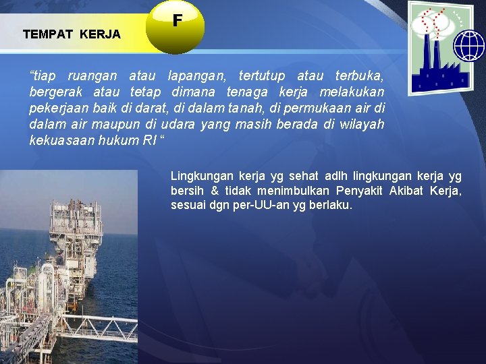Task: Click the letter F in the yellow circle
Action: (x=177, y=22)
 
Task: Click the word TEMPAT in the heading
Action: (x=48, y=34)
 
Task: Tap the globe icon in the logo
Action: (x=469, y=46)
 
